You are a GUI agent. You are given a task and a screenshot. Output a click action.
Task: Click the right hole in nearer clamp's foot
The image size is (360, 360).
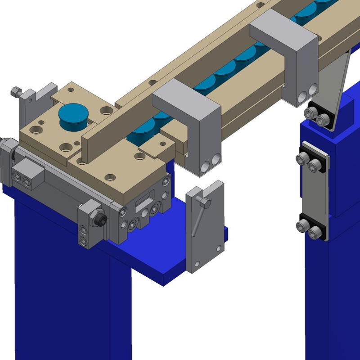point(216,158)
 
